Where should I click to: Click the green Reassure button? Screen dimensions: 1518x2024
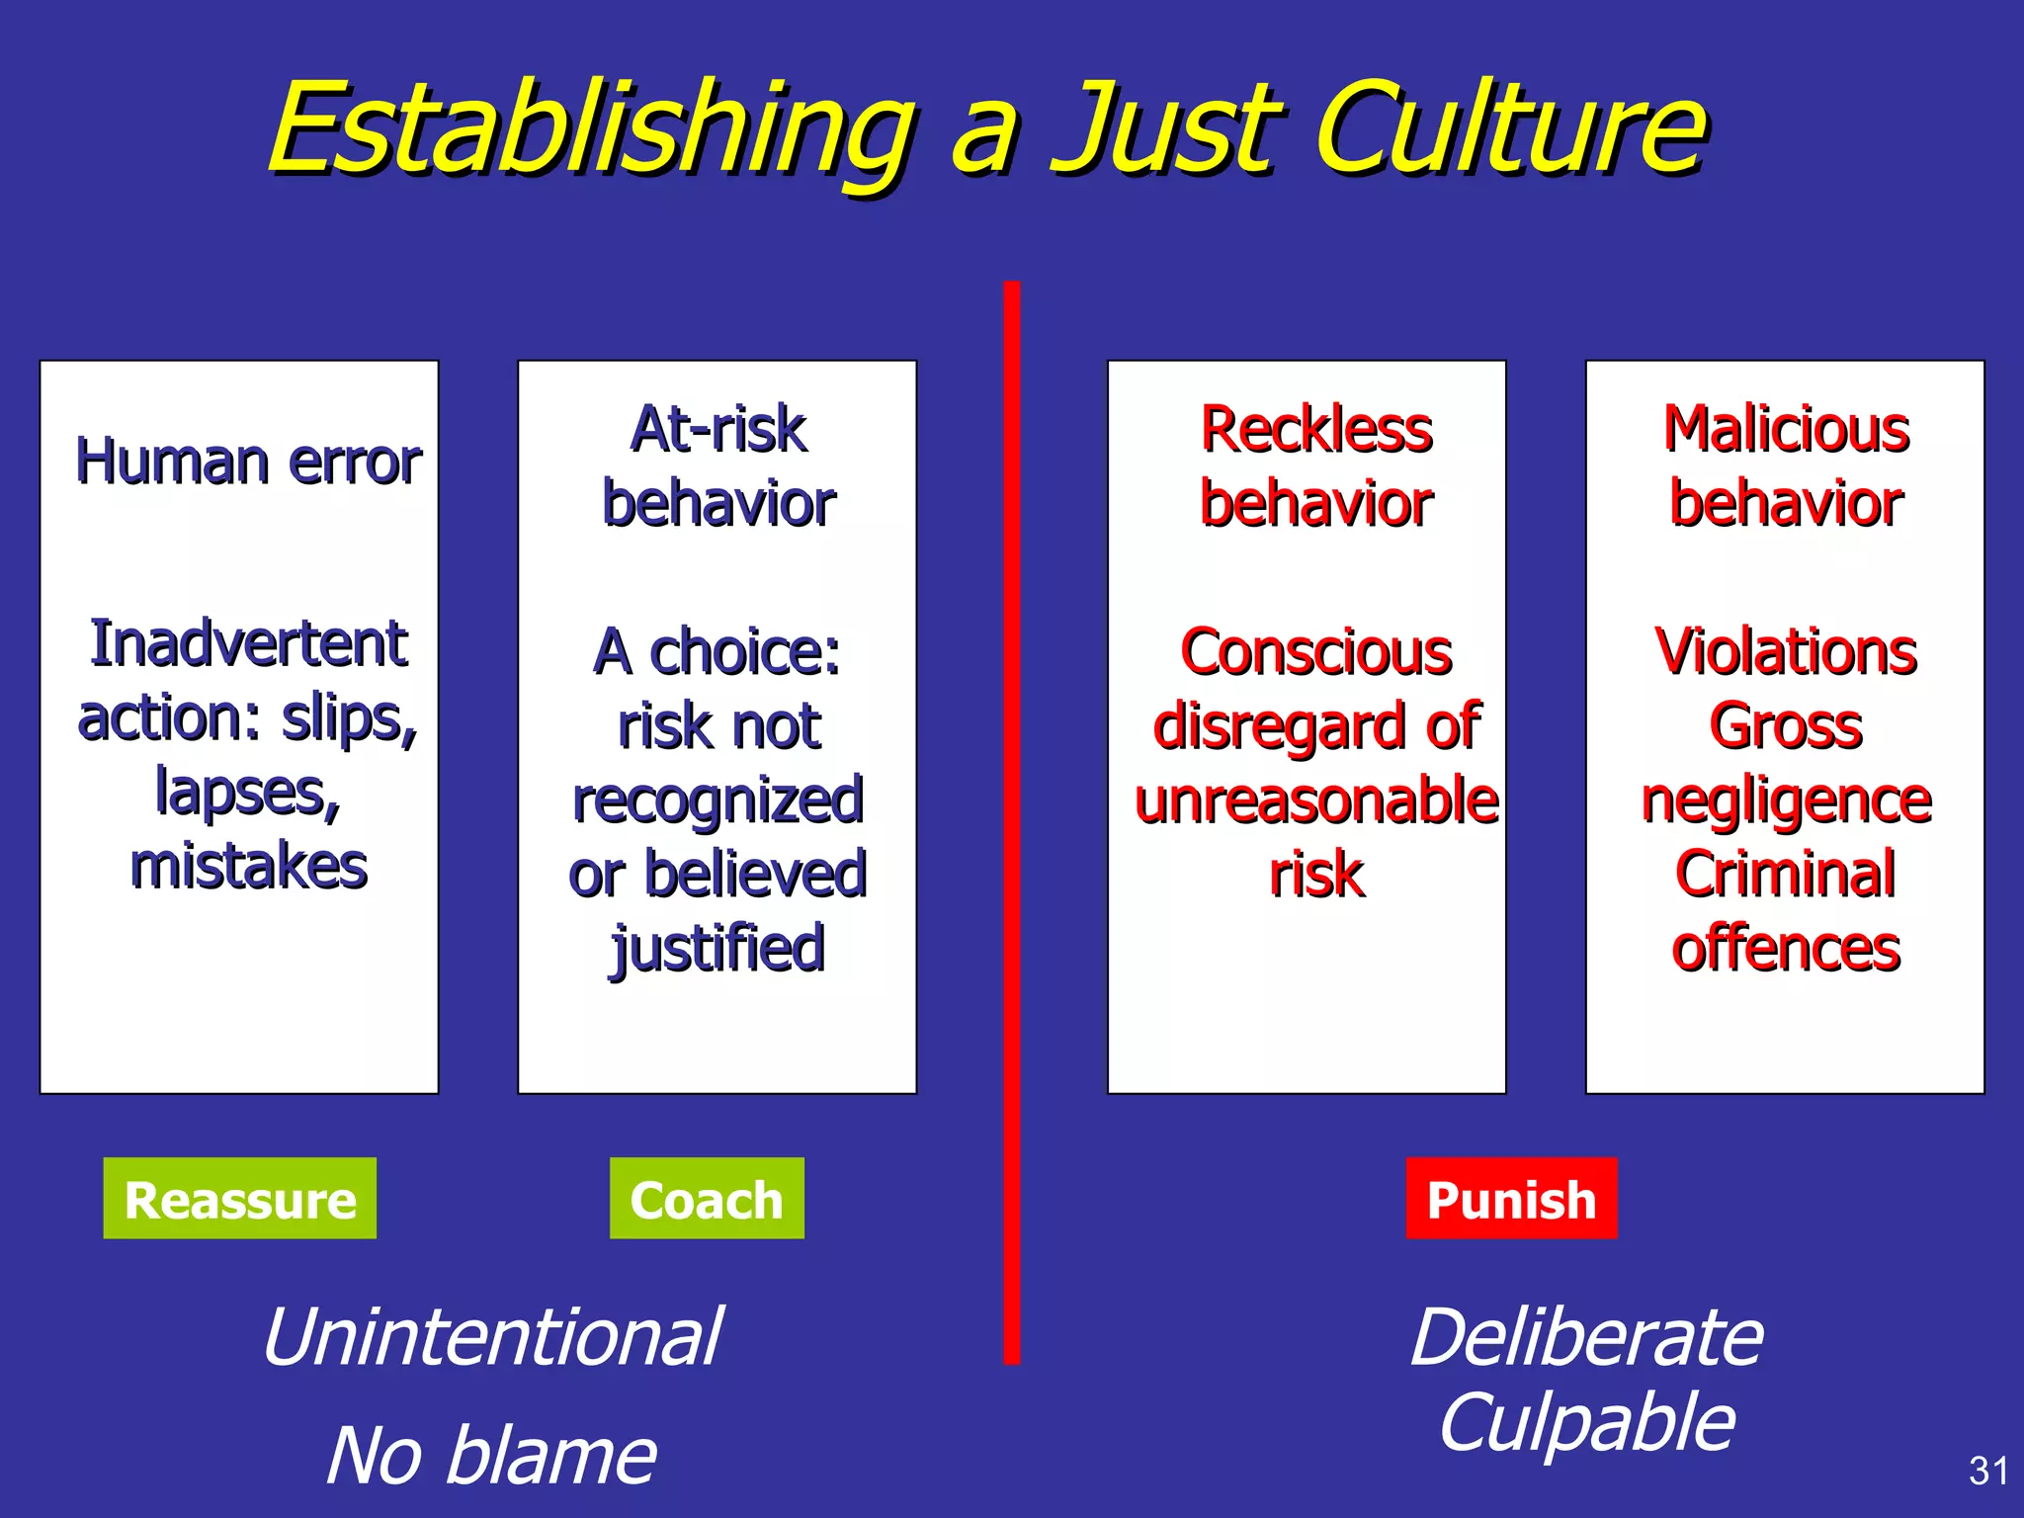click(x=239, y=1199)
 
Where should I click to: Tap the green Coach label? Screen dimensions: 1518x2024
click(x=707, y=1199)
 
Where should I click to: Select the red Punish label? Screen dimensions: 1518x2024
click(x=1511, y=1199)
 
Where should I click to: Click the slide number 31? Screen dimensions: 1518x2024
click(x=1988, y=1471)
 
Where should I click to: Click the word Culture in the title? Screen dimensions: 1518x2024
click(x=1512, y=128)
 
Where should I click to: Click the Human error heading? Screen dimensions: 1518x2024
click(x=248, y=462)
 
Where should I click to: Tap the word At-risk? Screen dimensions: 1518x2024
click(x=718, y=429)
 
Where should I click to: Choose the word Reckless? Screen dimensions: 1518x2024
click(x=1316, y=429)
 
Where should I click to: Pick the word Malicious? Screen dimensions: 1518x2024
click(x=1786, y=429)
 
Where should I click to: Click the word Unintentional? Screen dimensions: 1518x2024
click(x=492, y=1336)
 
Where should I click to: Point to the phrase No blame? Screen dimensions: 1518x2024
click(x=491, y=1455)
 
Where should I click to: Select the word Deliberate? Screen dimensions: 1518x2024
click(x=1586, y=1336)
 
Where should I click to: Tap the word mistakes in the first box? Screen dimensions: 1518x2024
click(x=248, y=866)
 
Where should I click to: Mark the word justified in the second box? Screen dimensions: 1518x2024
click(x=718, y=949)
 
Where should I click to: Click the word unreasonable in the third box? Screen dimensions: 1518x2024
click(x=1316, y=800)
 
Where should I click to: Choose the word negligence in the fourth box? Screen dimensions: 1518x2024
click(x=1786, y=800)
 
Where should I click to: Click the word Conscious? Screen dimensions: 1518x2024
click(x=1316, y=651)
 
